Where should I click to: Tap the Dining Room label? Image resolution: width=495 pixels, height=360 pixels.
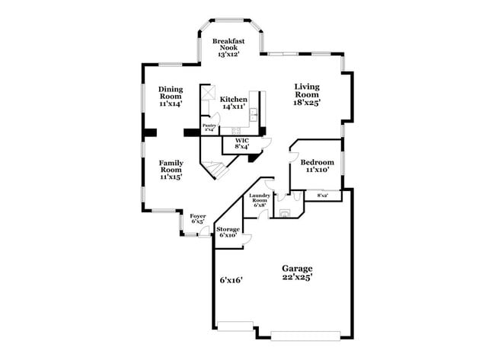[x=171, y=96]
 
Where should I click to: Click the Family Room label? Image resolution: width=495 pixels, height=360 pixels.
[x=171, y=169]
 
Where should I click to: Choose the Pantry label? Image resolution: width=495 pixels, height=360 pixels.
[x=209, y=126]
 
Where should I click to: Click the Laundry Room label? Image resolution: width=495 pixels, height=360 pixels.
[x=260, y=199]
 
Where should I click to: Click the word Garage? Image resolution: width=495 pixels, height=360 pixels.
[x=297, y=268]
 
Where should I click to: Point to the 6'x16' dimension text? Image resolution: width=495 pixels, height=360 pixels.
[x=230, y=280]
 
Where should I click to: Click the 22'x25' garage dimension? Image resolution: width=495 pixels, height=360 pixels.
[x=297, y=278]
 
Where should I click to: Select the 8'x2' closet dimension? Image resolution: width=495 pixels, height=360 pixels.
[x=322, y=196]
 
